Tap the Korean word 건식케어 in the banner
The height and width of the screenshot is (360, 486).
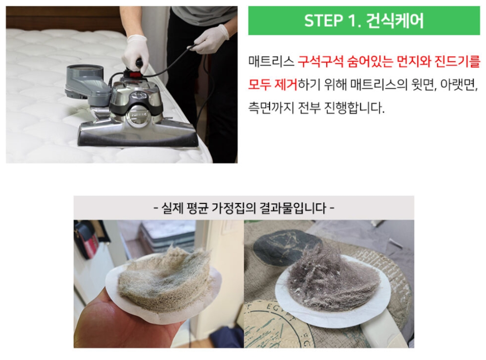395,21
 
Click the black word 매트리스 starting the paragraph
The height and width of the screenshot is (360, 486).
271,62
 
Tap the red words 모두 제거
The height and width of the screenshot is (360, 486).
273,84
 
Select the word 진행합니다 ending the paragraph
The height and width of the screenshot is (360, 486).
354,108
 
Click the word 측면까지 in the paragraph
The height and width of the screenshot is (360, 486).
271,108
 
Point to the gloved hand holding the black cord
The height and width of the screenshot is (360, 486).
212,40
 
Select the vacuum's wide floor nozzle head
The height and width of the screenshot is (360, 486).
138,135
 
